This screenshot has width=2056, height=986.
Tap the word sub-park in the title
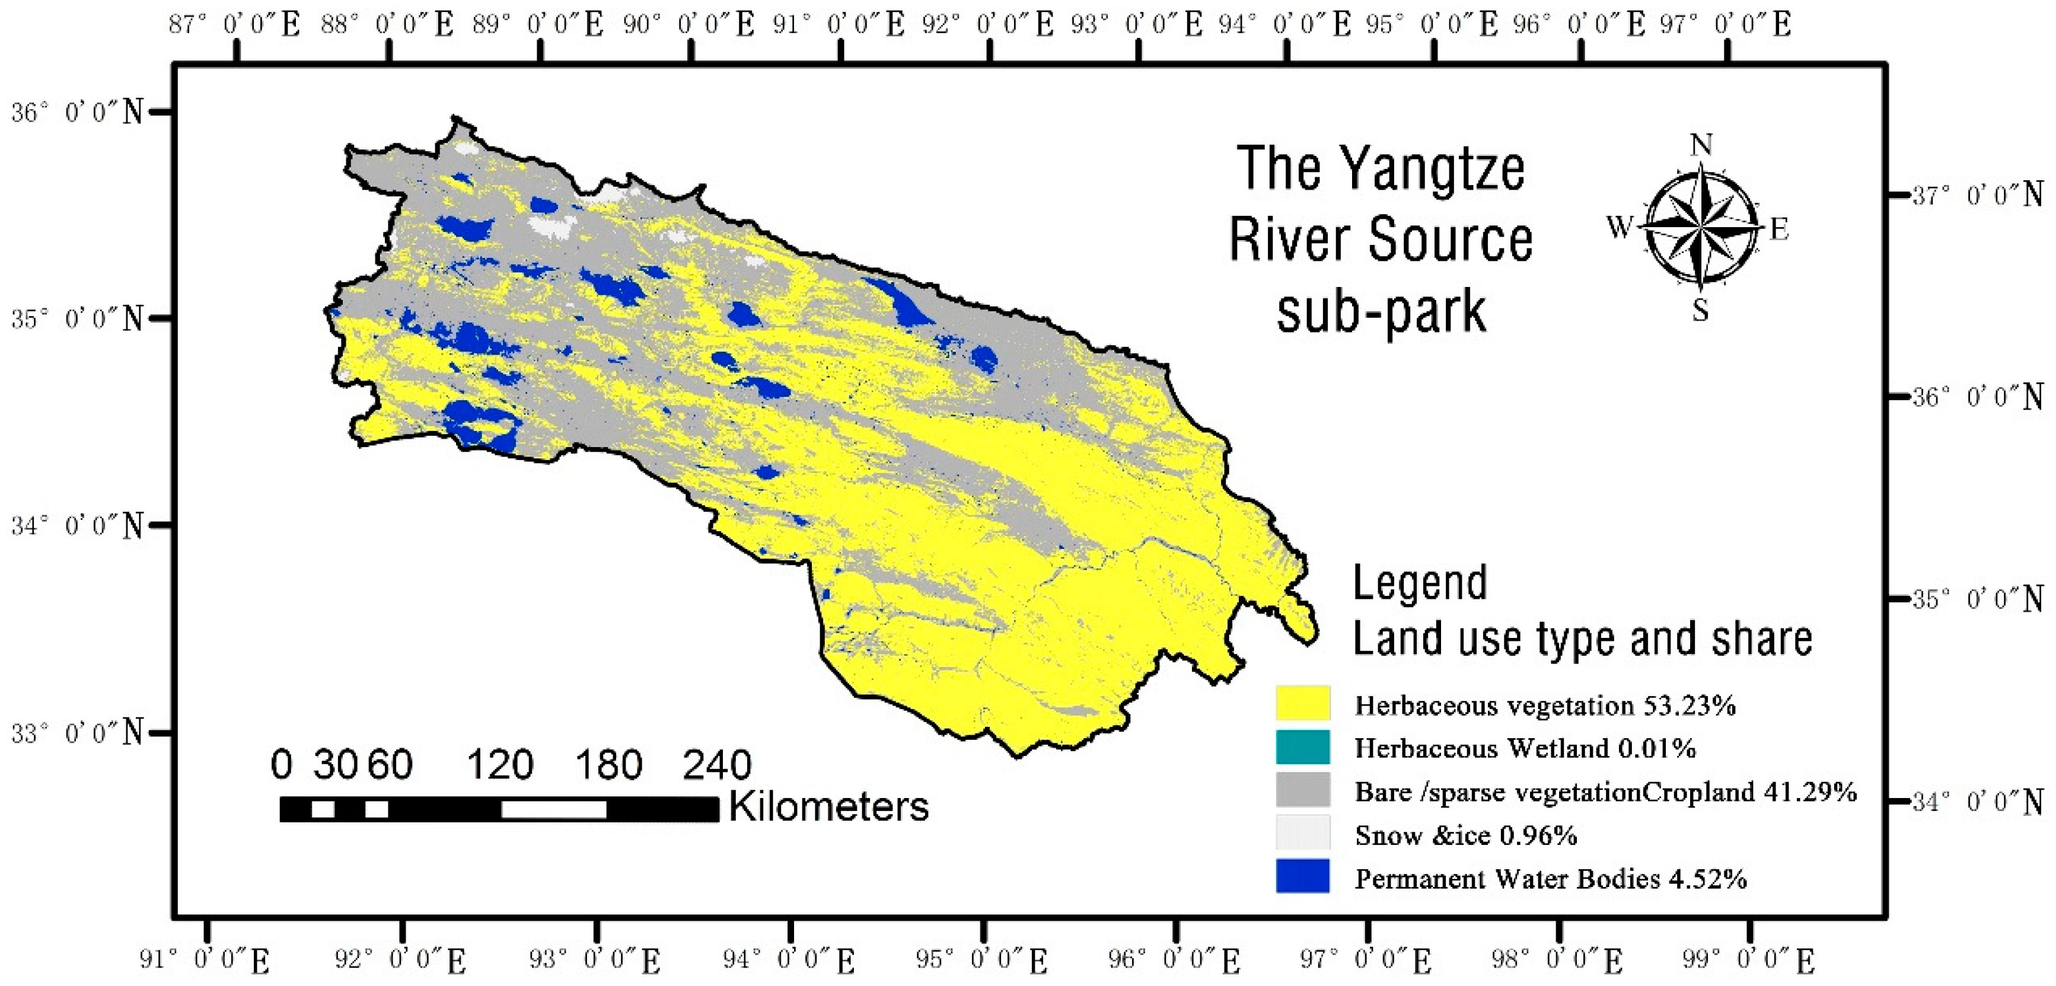click(x=1382, y=312)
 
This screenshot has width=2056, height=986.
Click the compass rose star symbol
click(x=1701, y=227)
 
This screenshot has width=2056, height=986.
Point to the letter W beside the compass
click(x=1621, y=227)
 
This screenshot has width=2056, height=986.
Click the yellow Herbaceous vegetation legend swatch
click(x=1302, y=703)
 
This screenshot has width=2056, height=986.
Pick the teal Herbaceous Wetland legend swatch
click(x=1302, y=746)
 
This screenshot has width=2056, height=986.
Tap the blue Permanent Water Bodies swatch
click(x=1302, y=876)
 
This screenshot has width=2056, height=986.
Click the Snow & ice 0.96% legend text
click(x=1466, y=835)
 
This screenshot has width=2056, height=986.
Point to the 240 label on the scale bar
click(x=717, y=764)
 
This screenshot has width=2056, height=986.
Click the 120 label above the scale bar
click(x=500, y=764)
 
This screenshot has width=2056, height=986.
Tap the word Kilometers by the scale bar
click(x=829, y=806)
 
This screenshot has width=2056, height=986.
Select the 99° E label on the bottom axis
click(x=1749, y=960)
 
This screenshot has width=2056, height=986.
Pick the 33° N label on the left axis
click(x=78, y=732)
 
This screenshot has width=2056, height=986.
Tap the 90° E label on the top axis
click(x=690, y=25)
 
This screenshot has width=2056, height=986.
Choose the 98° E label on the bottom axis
click(x=1557, y=960)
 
